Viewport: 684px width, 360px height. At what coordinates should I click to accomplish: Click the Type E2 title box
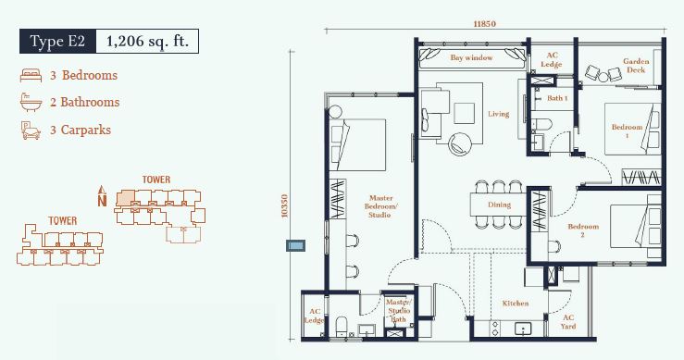tap(57, 42)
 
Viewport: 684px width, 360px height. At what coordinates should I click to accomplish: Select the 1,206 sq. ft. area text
tap(147, 42)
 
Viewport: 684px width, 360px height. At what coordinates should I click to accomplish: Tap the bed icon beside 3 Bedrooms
tap(31, 75)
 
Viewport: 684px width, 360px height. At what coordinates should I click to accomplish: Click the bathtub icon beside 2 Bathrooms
tap(31, 103)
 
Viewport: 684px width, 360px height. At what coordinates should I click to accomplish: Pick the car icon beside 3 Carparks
tap(31, 130)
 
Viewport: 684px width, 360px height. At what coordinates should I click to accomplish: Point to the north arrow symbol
tap(102, 196)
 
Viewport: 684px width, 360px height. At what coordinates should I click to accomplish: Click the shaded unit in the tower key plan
tap(125, 199)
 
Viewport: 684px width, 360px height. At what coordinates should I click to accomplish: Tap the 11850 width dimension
tap(485, 23)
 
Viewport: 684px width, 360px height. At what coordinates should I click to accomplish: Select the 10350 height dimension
tap(285, 206)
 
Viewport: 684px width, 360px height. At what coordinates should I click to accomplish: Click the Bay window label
tap(471, 57)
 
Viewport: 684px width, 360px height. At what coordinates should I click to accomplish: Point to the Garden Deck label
tap(636, 66)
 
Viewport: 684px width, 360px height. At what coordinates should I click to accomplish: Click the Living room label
tap(498, 114)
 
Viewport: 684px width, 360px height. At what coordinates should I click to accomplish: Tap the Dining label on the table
tap(499, 205)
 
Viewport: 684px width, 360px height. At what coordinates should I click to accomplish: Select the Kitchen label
tap(516, 304)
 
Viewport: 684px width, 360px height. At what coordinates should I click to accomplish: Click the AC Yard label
tap(568, 322)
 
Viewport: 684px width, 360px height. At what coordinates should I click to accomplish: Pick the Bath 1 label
tap(557, 98)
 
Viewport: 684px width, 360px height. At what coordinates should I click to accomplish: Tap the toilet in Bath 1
tap(541, 124)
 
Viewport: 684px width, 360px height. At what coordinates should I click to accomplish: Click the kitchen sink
tap(523, 329)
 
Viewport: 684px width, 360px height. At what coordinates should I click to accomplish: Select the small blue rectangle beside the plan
tap(295, 245)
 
